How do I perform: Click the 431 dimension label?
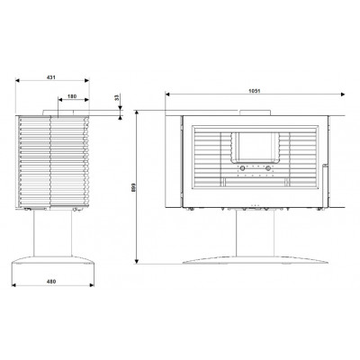51,77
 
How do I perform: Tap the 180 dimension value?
72,96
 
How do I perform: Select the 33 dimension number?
118,97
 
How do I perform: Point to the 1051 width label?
254,91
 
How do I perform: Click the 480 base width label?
51,282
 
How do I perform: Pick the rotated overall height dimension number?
134,187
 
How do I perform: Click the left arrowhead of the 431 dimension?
17,80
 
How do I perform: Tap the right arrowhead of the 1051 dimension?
343,94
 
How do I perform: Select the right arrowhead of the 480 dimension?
92,285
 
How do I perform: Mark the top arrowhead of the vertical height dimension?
137,112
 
